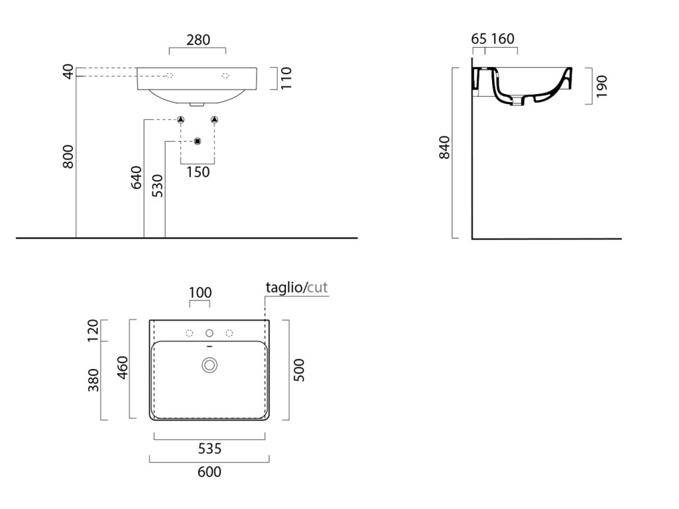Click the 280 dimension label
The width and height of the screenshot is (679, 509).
(198, 40)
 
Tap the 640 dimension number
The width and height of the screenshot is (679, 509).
(137, 178)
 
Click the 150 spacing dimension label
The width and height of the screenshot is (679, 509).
(198, 172)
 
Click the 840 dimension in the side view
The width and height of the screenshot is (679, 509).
(444, 146)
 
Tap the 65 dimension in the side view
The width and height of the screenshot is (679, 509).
(479, 39)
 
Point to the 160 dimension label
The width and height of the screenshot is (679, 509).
(503, 39)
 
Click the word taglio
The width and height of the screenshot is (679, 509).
(284, 287)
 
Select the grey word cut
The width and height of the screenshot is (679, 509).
(318, 287)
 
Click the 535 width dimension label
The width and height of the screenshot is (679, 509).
(209, 449)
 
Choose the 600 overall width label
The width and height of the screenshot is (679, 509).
(209, 472)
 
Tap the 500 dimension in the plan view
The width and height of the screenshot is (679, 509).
(298, 369)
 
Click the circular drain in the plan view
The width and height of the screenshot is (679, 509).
(210, 364)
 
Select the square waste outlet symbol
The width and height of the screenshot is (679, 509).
(197, 141)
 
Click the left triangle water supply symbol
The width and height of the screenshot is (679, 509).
(180, 120)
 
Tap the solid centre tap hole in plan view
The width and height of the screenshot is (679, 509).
(210, 333)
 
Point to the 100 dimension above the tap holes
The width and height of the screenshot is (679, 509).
(200, 292)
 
